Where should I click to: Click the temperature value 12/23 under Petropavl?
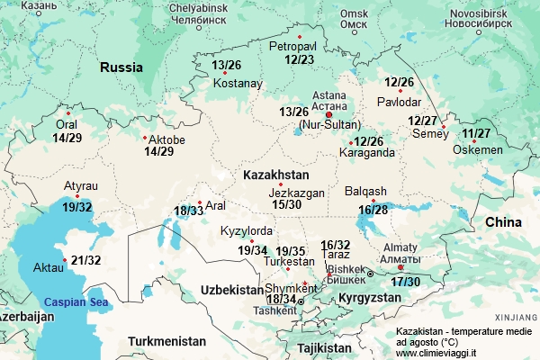coord(299,59)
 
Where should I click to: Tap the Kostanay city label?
coord(238,84)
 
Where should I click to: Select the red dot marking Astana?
coord(328,115)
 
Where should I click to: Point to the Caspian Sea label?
coord(76,302)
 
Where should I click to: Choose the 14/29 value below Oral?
coord(67,138)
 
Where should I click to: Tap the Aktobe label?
coord(166,140)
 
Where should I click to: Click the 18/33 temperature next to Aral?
coord(189,211)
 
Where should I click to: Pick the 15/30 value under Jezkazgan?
coord(286,204)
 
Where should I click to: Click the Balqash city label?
coord(365,191)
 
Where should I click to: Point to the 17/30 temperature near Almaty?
coord(405,282)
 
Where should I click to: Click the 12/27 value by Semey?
coord(422,121)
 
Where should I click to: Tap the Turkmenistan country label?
coord(166,341)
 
